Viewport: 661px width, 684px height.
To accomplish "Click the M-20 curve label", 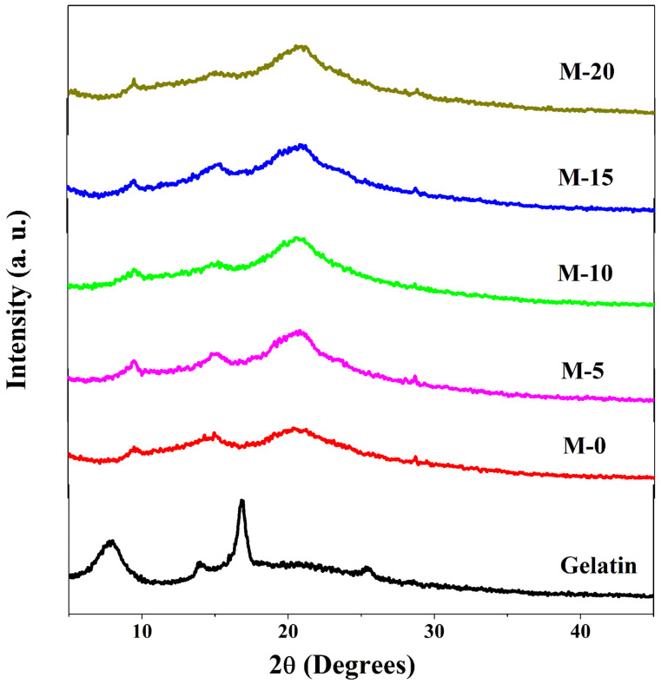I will (588, 72).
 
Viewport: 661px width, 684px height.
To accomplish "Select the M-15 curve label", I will (588, 178).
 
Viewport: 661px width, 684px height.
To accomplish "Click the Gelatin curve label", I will (598, 568).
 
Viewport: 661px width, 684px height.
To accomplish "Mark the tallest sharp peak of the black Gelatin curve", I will (241, 502).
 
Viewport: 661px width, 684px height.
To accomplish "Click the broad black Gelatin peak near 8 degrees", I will (111, 543).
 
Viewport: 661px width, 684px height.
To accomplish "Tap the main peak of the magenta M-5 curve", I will (301, 332).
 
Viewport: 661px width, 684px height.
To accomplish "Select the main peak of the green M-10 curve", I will (298, 238).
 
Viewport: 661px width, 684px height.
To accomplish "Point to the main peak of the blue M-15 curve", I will (301, 146).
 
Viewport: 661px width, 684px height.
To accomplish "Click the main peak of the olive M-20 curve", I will (301, 46).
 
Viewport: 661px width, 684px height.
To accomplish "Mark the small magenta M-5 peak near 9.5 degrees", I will (134, 361).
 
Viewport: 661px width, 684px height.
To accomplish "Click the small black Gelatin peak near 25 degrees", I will (367, 569).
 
